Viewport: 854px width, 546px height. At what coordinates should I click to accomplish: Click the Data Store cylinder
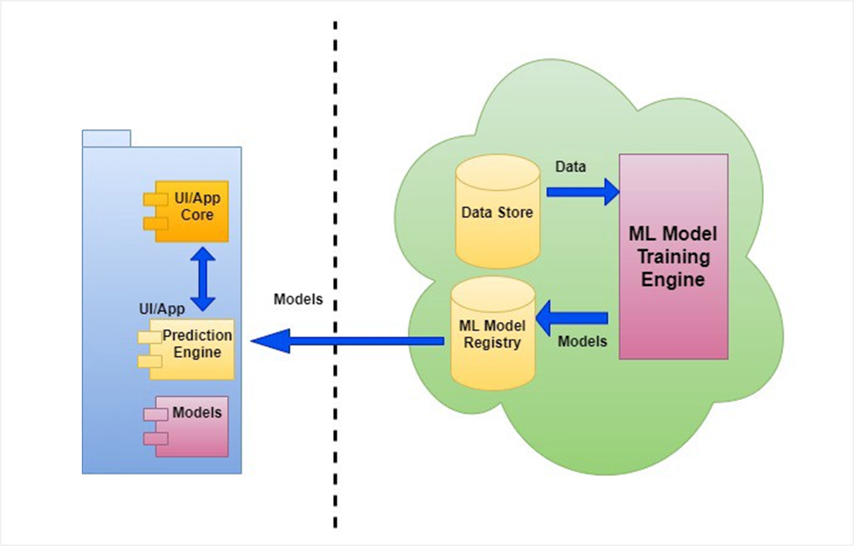click(x=497, y=212)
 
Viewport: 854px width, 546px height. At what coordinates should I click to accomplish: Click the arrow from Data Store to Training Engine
click(x=582, y=191)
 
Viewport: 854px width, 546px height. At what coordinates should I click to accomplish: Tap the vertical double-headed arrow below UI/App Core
click(x=203, y=279)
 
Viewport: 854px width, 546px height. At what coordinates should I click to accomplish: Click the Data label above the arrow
click(x=570, y=167)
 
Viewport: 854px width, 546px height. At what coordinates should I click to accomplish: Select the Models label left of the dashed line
click(x=298, y=300)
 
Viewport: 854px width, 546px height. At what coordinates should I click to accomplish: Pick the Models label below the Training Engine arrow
click(x=582, y=341)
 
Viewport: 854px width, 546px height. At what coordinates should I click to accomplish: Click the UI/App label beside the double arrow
click(x=161, y=309)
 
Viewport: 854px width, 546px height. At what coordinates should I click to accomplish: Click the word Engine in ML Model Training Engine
click(x=673, y=279)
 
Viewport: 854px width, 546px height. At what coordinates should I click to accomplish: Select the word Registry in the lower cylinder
click(x=492, y=342)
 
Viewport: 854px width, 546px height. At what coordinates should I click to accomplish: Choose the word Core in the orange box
click(x=197, y=214)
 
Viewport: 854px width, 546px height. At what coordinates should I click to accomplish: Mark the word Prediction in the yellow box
click(x=197, y=336)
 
